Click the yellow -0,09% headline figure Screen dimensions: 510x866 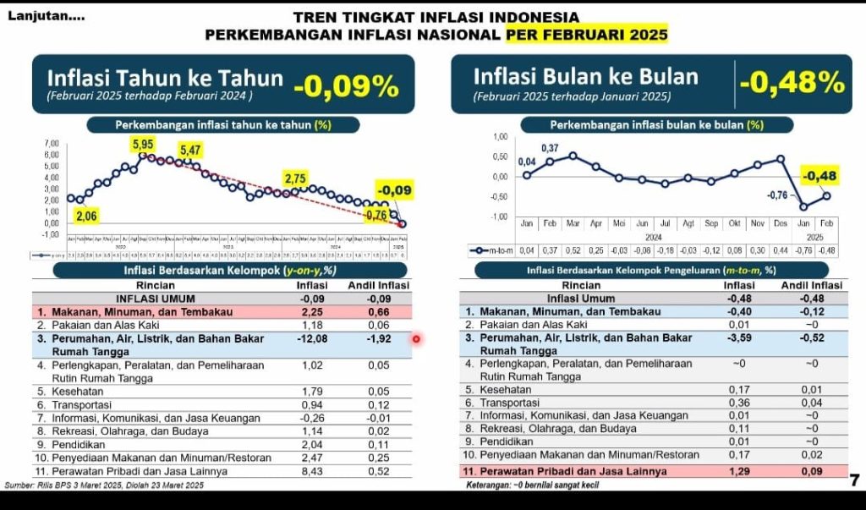point(346,85)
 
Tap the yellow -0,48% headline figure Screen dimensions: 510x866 point(792,82)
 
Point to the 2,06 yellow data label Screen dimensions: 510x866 point(86,217)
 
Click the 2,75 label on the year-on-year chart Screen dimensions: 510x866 point(295,178)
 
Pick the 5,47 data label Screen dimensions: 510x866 point(190,151)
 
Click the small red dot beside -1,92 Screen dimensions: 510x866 point(416,339)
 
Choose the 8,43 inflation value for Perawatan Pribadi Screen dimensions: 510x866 point(312,471)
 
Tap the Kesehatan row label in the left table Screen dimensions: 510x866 point(63,392)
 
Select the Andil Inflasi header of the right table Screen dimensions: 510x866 point(811,286)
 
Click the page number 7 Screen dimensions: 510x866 point(854,481)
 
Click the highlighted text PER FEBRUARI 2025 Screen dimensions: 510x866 point(586,35)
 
